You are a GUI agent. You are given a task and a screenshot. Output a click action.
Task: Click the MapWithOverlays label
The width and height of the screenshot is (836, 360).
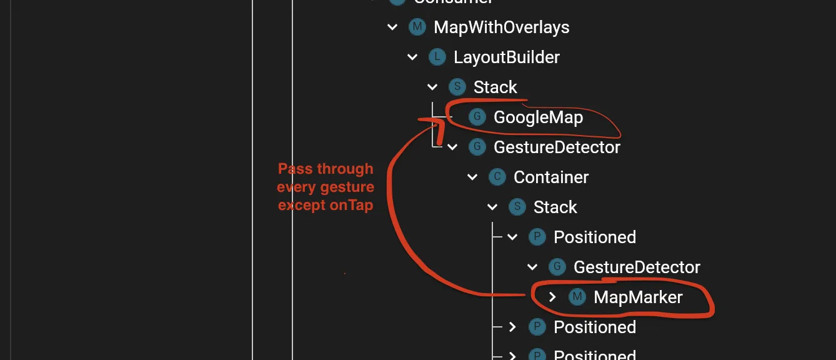(501, 27)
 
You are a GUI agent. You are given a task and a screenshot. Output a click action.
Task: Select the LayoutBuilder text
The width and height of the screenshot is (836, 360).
(506, 57)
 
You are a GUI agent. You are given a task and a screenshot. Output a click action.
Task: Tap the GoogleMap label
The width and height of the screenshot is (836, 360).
(538, 117)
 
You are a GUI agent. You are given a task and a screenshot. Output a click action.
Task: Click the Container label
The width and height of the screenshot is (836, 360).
(550, 177)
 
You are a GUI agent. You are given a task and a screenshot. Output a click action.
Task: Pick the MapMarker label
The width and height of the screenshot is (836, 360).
(638, 297)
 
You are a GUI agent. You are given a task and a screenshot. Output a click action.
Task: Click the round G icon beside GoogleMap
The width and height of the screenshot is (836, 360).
(477, 117)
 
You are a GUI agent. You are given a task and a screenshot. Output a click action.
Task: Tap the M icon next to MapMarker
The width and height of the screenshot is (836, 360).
(577, 297)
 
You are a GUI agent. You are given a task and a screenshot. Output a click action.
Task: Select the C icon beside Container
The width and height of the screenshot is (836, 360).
(497, 177)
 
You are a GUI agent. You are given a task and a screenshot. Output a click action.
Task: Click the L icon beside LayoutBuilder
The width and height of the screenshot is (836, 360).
(437, 57)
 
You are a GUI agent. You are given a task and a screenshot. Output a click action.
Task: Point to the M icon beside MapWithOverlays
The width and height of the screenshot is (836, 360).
(417, 27)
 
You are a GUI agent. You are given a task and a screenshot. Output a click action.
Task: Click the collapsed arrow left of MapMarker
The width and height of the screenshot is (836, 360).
(552, 297)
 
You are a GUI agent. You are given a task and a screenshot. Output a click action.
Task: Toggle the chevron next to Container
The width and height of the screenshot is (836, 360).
(472, 177)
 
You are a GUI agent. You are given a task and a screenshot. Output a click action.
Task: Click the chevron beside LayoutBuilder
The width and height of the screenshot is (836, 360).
(412, 57)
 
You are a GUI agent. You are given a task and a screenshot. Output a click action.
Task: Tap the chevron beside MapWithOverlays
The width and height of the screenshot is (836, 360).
(392, 27)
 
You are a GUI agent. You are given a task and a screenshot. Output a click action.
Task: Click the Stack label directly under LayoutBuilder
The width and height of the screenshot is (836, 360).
(495, 87)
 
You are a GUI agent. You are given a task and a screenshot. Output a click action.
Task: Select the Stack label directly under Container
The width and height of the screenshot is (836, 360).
(555, 207)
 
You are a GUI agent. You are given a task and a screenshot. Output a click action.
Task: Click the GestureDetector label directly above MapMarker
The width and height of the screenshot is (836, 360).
(637, 267)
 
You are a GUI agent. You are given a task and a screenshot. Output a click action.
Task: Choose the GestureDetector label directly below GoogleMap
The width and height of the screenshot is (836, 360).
(557, 147)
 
